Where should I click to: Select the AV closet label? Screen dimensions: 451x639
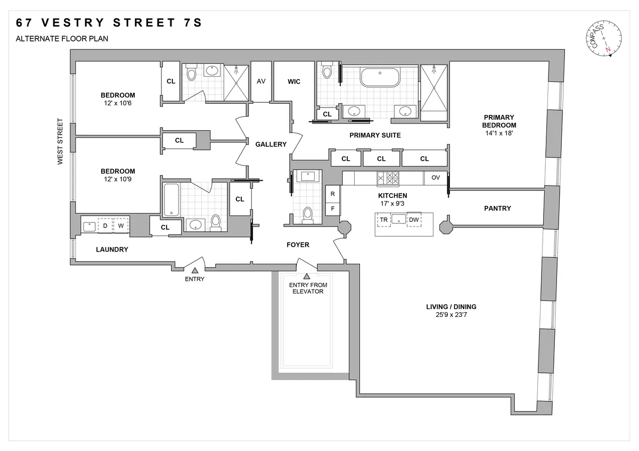261,81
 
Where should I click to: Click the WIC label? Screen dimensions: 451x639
294,81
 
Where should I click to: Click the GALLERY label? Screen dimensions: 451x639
271,144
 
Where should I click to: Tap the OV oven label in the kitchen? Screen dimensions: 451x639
436,178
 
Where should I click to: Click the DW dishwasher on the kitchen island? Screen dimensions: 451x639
414,219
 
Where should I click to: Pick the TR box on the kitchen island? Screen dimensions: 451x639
383,219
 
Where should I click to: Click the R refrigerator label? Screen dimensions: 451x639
333,194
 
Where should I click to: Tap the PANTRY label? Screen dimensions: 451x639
497,208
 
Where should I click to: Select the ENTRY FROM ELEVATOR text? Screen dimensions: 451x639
308,288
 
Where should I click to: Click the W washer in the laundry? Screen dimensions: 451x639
121,225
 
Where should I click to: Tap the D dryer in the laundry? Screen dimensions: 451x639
105,225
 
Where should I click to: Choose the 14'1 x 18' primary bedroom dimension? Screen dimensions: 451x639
498,133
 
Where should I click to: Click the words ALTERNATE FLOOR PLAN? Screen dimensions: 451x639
62,38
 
